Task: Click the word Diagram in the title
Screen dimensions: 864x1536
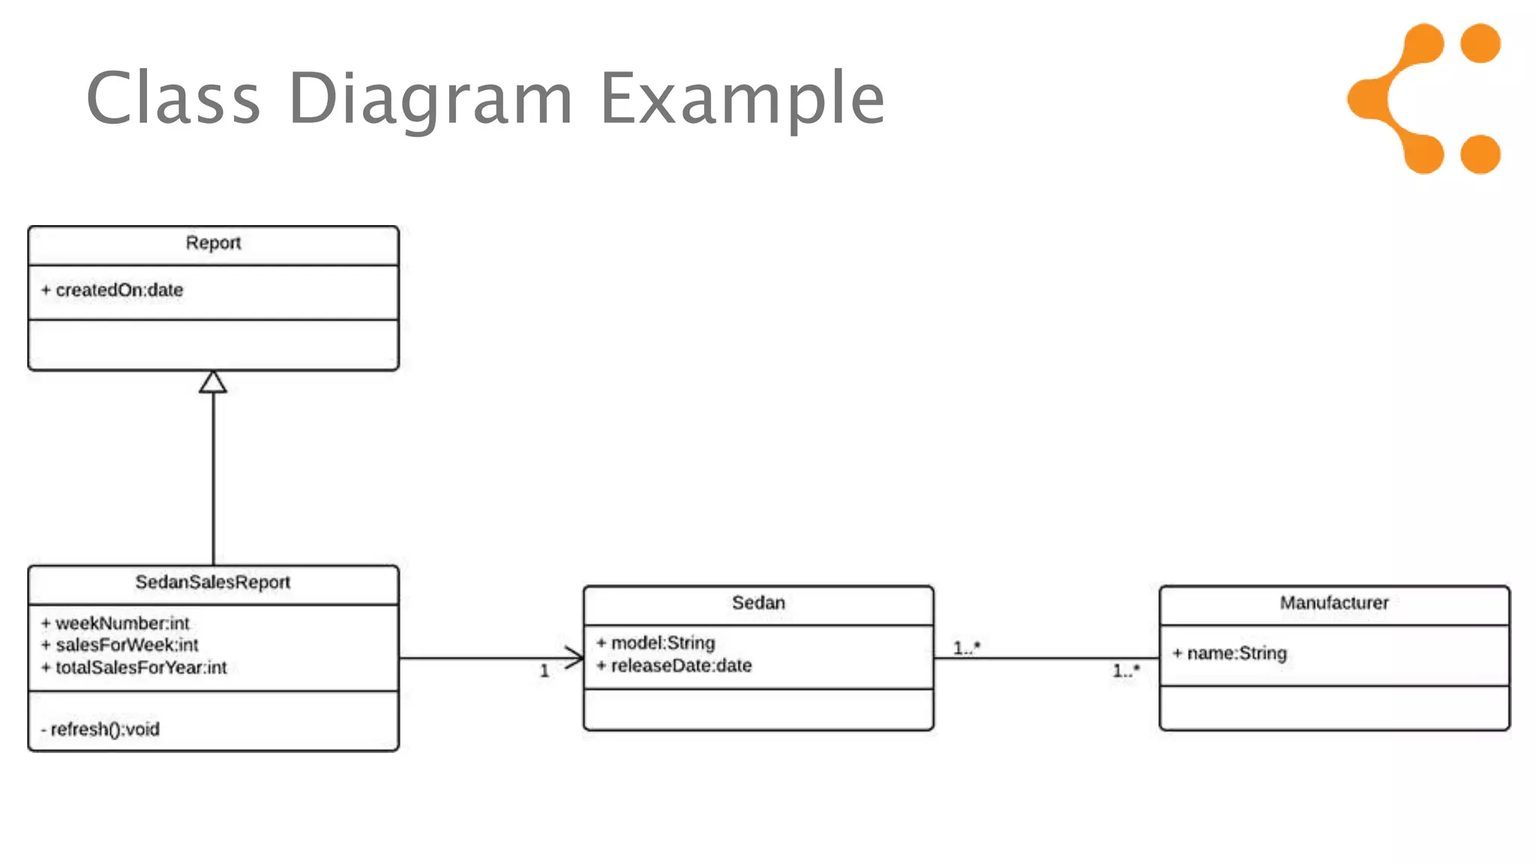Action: point(430,99)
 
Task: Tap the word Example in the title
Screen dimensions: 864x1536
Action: point(742,99)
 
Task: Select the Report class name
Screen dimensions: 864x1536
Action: point(213,243)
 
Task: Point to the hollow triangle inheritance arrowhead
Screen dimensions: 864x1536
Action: point(213,382)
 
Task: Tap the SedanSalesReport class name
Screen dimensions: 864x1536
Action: point(212,582)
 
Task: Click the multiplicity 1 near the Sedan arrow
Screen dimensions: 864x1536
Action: point(544,671)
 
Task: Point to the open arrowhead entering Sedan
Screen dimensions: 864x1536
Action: point(574,658)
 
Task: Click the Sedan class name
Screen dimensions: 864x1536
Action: point(758,602)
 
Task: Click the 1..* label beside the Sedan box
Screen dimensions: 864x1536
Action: point(966,647)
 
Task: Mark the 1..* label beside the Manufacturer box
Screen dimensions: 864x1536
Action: point(1126,670)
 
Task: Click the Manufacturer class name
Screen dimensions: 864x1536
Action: point(1333,602)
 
